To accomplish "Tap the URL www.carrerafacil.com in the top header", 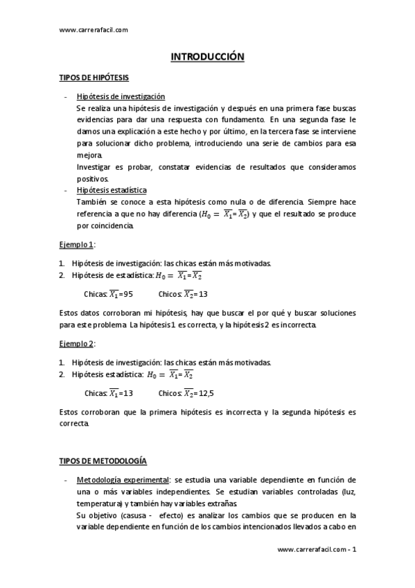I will [x=94, y=30].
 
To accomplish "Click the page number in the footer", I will [x=354, y=550].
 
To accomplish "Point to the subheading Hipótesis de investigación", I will [x=121, y=97].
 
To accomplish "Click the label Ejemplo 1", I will [x=77, y=244].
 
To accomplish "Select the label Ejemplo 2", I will [x=77, y=343].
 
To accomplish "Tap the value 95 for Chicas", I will [x=125, y=294].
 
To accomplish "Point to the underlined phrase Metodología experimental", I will [x=123, y=480].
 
